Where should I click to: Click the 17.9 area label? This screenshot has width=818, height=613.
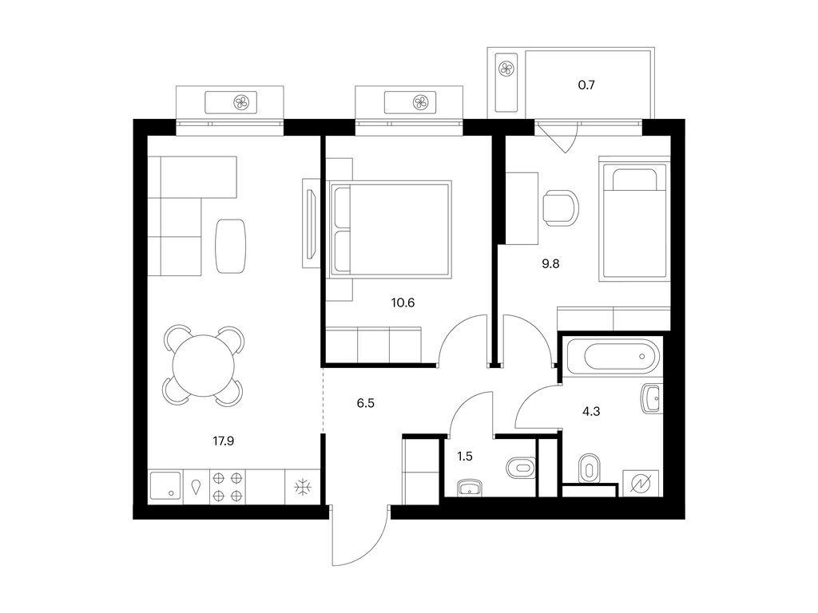tap(224, 441)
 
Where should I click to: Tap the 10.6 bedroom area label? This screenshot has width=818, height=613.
tap(403, 303)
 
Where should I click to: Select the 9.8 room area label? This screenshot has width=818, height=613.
tap(550, 263)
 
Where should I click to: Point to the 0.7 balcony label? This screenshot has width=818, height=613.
tap(586, 85)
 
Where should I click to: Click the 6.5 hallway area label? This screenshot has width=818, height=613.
tap(366, 403)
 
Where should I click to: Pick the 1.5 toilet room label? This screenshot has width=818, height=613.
tap(465, 457)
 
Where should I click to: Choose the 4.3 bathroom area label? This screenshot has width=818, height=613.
tap(591, 411)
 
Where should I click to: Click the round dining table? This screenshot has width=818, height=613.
tap(204, 366)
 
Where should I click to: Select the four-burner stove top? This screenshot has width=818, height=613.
tap(228, 487)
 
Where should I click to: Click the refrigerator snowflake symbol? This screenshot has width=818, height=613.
tap(303, 488)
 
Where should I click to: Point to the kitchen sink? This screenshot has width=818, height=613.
tap(165, 486)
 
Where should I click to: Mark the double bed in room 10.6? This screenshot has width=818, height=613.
tap(390, 229)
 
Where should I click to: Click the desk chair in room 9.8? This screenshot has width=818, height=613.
tap(561, 208)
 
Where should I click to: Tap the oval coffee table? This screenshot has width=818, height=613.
tap(231, 246)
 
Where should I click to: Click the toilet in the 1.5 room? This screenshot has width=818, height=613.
tap(521, 468)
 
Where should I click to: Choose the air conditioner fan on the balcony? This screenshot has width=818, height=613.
tap(506, 69)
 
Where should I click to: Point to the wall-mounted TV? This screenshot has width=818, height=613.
tap(312, 223)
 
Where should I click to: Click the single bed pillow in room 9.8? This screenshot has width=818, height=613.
tap(633, 180)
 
